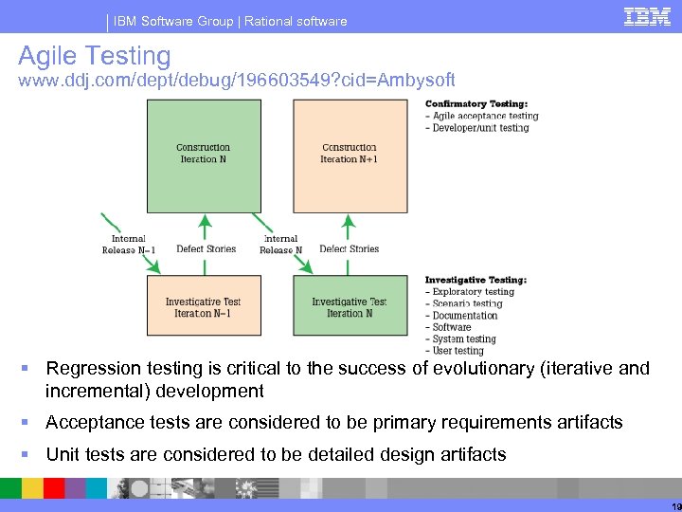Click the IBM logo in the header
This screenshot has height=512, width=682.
[648, 16]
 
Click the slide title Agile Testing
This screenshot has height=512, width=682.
[94, 57]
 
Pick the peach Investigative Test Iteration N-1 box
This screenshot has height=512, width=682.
[204, 305]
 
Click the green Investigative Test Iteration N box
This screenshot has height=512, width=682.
[350, 305]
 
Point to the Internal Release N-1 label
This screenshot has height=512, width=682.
[128, 245]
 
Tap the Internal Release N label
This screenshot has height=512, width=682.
[280, 245]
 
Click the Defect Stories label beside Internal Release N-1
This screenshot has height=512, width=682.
[206, 249]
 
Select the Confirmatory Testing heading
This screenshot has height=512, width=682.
[476, 104]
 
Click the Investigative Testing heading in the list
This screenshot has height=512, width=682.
[476, 280]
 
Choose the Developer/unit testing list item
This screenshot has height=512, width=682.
[480, 128]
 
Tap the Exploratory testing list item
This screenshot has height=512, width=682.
[473, 292]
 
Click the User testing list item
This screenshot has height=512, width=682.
[458, 351]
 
